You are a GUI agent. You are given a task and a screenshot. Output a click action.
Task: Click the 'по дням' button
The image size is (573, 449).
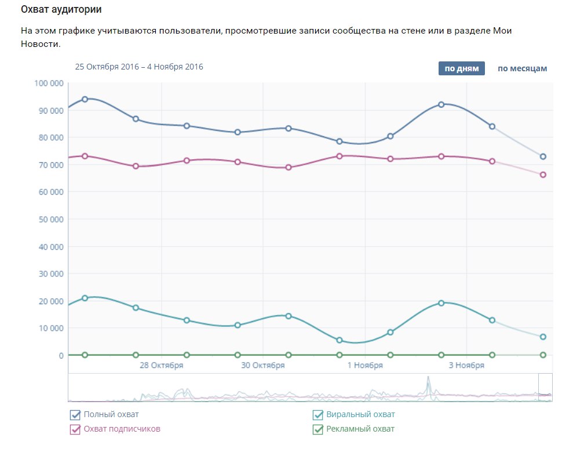461,68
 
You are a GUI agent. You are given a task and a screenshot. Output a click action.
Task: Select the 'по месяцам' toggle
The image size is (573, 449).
521,68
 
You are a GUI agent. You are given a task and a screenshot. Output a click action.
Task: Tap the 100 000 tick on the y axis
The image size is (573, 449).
49,83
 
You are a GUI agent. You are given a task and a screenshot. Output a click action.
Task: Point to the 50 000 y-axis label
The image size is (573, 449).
51,220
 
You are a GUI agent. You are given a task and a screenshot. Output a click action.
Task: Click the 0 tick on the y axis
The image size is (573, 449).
60,355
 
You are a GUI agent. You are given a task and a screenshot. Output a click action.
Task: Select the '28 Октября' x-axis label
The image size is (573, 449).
162,366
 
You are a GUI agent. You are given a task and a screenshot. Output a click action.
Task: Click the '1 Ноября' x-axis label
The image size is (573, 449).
365,366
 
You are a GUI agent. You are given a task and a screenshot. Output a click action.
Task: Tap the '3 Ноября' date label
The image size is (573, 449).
466,366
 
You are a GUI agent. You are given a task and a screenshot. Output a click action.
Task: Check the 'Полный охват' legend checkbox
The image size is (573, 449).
75,415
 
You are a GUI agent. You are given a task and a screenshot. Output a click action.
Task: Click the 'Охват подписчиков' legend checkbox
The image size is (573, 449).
75,429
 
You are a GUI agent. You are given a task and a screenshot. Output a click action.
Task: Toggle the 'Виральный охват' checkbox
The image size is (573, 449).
317,415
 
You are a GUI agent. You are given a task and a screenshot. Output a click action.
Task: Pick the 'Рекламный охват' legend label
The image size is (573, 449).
360,429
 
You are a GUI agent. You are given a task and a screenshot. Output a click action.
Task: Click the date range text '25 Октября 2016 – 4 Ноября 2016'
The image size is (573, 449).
139,67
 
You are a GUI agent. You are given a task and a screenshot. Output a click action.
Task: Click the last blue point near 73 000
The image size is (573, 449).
543,156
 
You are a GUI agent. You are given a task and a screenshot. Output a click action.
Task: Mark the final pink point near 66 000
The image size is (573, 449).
543,174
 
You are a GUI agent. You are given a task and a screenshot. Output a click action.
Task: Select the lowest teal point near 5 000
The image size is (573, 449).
340,340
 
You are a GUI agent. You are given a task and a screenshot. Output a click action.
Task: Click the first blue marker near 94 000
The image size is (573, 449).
85,99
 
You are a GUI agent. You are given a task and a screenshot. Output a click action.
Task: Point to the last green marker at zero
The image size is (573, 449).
543,355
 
